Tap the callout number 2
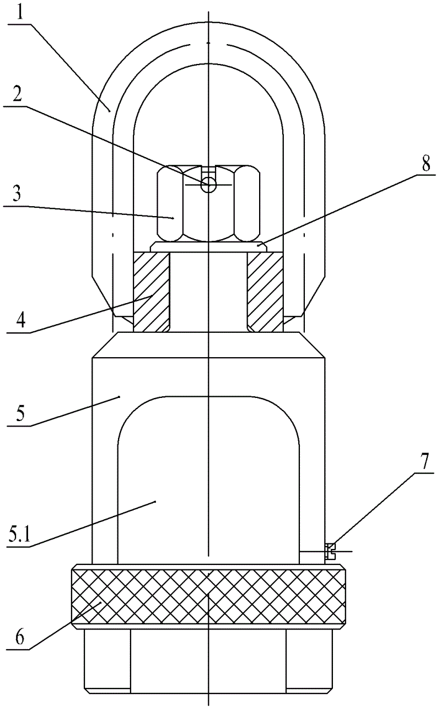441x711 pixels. point(18,95)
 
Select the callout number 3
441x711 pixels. point(17,193)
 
